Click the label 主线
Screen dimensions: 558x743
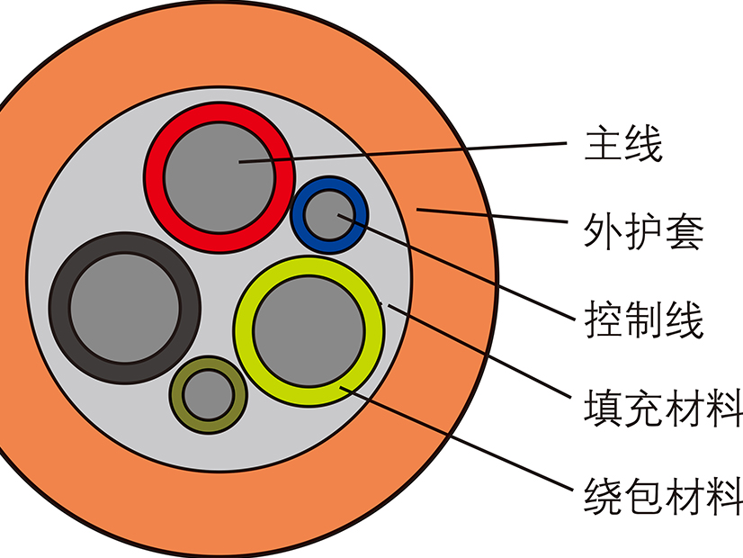[x=623, y=144]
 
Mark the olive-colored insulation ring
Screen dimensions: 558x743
[x=179, y=396]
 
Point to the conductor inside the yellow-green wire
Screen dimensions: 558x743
[x=309, y=331]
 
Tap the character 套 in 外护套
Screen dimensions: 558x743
[x=685, y=231]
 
